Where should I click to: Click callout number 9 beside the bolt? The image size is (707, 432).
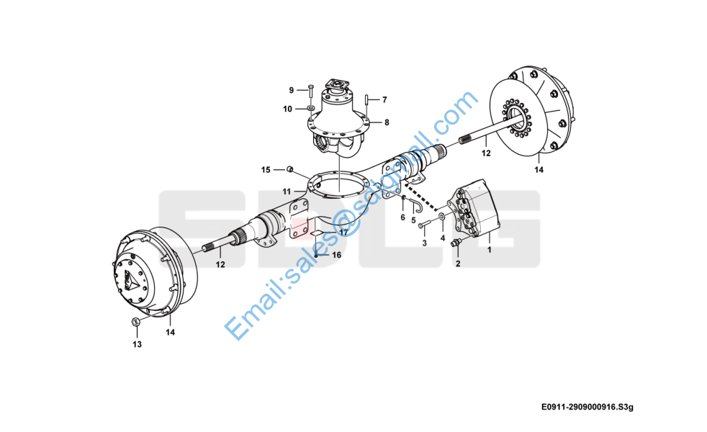coord(292,90)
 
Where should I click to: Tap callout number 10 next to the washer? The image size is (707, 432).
coord(287,109)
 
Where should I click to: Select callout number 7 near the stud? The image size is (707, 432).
coord(384,99)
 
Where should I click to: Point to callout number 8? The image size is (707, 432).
coord(387,122)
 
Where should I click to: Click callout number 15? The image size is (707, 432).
coord(266,170)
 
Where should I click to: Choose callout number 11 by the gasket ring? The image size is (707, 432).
coord(287,192)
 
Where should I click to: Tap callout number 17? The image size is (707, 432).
coord(343,233)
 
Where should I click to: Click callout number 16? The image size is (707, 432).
coord(336,256)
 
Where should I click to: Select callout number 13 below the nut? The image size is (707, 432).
coord(137,344)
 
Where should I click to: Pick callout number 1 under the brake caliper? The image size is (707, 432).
coord(490,250)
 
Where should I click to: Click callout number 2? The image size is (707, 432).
coord(457,264)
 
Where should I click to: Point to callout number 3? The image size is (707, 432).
coord(424,243)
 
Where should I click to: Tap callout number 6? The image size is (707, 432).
coord(402,217)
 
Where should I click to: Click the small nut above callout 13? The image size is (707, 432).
coord(135,322)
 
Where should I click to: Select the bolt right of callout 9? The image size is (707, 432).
coord(310,91)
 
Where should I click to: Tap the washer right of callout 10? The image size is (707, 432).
coord(310,109)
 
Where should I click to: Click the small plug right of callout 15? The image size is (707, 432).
coord(289,169)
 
